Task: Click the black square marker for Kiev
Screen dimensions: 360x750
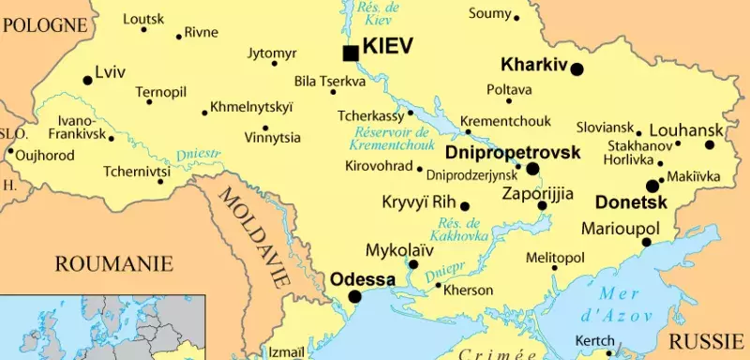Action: [351, 53]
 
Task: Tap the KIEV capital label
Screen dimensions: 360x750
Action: [387, 46]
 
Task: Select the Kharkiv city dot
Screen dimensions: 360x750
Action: [577, 68]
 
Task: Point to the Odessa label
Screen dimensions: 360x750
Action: [363, 279]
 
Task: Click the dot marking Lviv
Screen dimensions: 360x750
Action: [88, 81]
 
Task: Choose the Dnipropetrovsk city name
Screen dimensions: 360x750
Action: [513, 152]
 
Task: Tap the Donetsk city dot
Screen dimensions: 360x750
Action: [652, 186]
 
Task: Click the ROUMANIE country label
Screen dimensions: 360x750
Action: [114, 263]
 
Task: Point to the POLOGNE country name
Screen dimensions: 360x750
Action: [45, 25]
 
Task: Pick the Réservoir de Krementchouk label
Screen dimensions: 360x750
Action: [390, 138]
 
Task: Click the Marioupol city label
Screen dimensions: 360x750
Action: [621, 228]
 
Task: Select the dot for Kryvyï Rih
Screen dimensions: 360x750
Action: [465, 206]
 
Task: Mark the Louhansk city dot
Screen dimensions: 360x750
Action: [710, 145]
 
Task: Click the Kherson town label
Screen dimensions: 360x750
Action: [467, 291]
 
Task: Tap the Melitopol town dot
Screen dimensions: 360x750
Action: [555, 268]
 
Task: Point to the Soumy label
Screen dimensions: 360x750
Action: [489, 13]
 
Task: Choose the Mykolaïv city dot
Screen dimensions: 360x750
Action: [413, 264]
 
